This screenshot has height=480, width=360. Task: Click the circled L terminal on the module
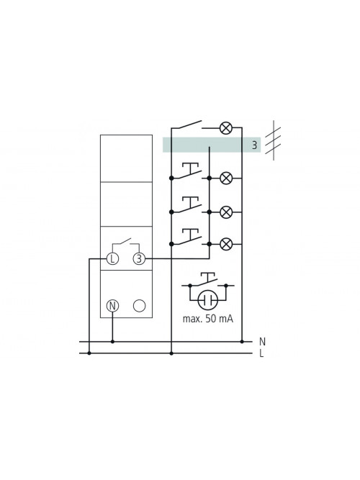[112, 258]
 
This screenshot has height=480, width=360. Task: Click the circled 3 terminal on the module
[139, 258]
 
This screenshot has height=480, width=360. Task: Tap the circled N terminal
[112, 306]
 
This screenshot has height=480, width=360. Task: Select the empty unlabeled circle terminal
[140, 306]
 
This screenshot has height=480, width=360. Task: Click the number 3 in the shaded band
[254, 145]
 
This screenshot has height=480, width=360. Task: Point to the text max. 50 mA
[208, 319]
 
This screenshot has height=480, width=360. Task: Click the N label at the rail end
[262, 342]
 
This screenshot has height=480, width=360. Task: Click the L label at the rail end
[261, 353]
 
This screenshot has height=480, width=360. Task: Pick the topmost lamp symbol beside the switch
[226, 127]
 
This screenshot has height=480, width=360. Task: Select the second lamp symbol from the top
[226, 178]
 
